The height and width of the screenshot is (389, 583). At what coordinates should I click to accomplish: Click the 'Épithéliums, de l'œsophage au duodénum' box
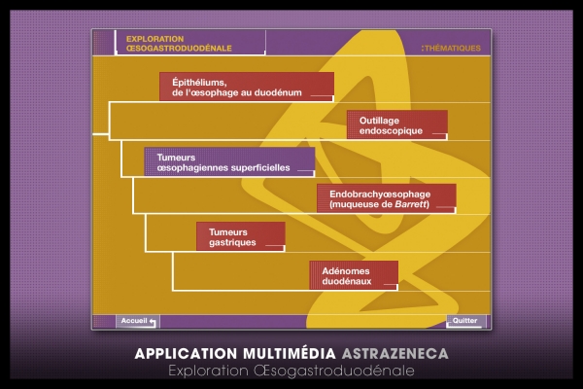click(247, 87)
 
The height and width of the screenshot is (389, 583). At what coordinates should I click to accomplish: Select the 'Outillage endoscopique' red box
click(396, 124)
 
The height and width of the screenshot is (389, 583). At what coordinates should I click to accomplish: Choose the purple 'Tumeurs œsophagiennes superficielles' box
click(229, 161)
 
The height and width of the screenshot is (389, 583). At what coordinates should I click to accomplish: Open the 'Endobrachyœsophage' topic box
click(386, 198)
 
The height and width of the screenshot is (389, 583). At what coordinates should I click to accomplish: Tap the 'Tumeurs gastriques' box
click(240, 236)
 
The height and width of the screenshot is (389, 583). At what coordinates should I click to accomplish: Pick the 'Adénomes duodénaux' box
click(354, 274)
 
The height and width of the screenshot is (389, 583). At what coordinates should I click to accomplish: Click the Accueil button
click(137, 321)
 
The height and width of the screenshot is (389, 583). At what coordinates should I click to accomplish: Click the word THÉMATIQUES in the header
click(452, 48)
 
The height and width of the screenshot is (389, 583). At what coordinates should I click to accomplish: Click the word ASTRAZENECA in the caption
click(395, 353)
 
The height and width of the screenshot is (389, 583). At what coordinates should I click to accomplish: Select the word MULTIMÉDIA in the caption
click(286, 353)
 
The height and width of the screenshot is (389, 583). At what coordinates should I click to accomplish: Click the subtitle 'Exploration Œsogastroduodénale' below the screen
click(291, 371)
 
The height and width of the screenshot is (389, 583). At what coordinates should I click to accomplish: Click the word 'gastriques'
click(233, 242)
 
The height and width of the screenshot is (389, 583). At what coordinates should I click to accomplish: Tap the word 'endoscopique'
click(387, 130)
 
